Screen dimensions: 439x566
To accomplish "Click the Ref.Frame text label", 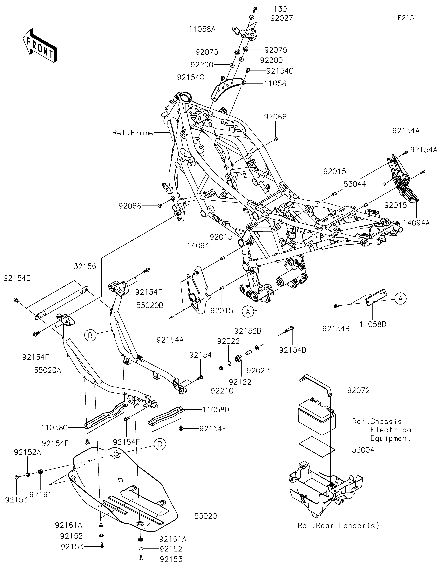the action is point(133,133).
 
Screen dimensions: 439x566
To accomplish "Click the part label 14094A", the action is point(417,223).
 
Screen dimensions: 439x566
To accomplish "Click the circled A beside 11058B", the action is point(401,299).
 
